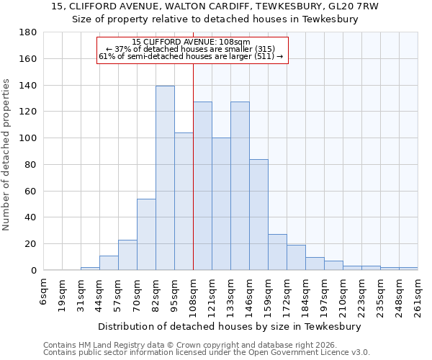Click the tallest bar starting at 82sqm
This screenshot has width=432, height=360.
(x=165, y=178)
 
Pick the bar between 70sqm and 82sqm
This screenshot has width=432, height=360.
(x=146, y=234)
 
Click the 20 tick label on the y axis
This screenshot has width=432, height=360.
(x=30, y=244)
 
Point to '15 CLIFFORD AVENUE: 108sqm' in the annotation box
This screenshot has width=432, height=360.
(x=192, y=42)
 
